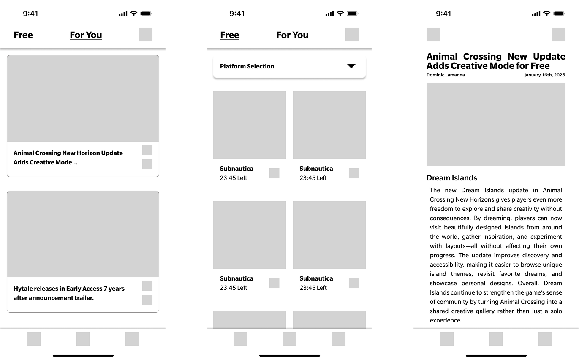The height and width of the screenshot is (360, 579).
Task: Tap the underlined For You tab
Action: (x=86, y=35)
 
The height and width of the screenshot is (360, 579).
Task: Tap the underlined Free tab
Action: (x=230, y=35)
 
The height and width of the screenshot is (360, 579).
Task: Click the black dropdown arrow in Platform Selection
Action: (x=351, y=66)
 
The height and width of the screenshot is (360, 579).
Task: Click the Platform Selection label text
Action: (x=247, y=66)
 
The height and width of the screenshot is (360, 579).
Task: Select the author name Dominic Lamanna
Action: (x=446, y=75)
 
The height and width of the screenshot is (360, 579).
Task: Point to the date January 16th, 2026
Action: (x=544, y=75)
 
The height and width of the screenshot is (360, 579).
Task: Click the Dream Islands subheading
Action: (x=451, y=178)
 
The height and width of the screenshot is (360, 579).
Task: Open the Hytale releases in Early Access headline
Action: (x=69, y=293)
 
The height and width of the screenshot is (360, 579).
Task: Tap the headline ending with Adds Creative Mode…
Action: (x=68, y=158)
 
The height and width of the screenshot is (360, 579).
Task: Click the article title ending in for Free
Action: (x=495, y=61)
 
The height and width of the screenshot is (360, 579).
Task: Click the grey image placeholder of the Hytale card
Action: (x=83, y=234)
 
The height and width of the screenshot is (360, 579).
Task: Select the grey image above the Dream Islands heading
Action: (x=496, y=124)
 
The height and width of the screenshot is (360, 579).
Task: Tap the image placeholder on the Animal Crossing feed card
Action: (x=83, y=98)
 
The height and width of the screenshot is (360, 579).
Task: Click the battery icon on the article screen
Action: (x=559, y=14)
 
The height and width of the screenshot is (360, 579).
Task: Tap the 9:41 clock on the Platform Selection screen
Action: (x=237, y=14)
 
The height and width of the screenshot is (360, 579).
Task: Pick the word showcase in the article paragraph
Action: (x=443, y=283)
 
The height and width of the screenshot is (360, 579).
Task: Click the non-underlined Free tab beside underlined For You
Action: (x=23, y=35)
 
